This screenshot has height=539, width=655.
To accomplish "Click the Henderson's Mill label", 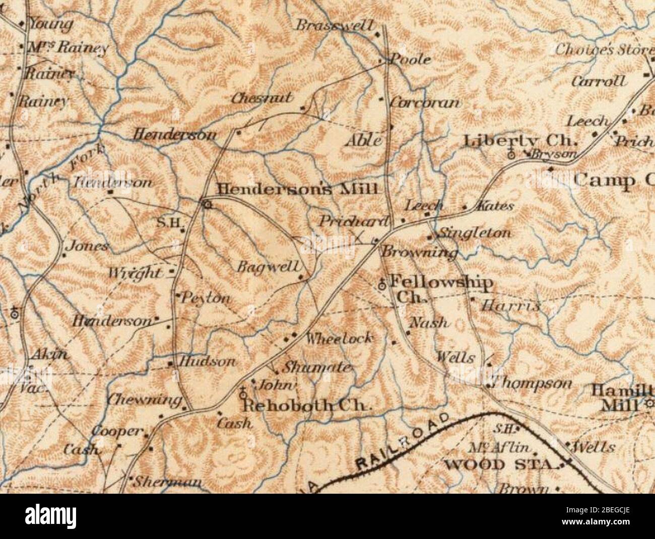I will coord(297,190).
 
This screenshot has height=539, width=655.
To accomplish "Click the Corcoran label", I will coord(425,103).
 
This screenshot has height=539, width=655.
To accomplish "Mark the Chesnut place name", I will coord(262,98).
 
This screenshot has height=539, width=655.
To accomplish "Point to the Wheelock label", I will coord(340,338).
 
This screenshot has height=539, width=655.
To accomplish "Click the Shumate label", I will coord(316,367).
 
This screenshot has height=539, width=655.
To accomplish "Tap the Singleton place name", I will coord(475,233).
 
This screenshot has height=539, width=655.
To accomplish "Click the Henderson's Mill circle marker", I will coord(206,204).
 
